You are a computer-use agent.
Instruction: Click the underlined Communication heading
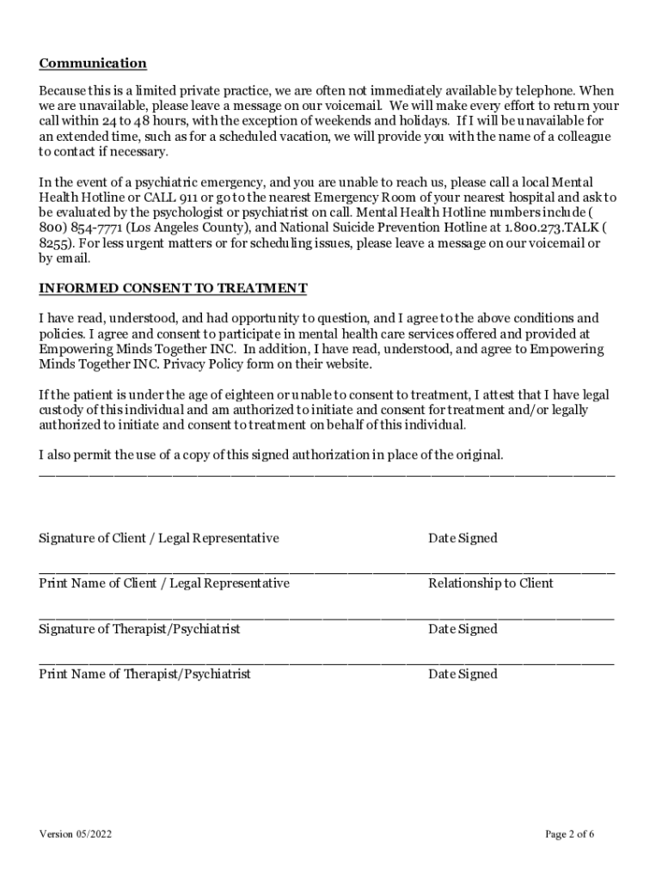point(93,64)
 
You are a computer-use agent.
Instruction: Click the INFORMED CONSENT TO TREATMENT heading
point(173,288)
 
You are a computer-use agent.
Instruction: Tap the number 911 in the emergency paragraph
point(188,198)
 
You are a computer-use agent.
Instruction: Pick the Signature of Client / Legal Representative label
point(159,538)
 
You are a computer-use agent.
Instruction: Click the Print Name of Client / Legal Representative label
point(164,584)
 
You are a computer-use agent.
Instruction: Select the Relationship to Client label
point(491,584)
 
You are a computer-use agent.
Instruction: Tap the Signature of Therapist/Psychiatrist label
point(139,629)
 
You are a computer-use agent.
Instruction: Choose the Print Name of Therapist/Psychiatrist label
point(144,675)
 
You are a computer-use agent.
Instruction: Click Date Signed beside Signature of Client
point(463,538)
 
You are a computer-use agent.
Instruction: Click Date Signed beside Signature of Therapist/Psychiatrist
point(463,629)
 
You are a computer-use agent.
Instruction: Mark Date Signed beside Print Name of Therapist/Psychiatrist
point(463,675)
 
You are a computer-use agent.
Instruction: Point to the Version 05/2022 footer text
point(75,834)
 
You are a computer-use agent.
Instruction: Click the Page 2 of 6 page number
point(570,834)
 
